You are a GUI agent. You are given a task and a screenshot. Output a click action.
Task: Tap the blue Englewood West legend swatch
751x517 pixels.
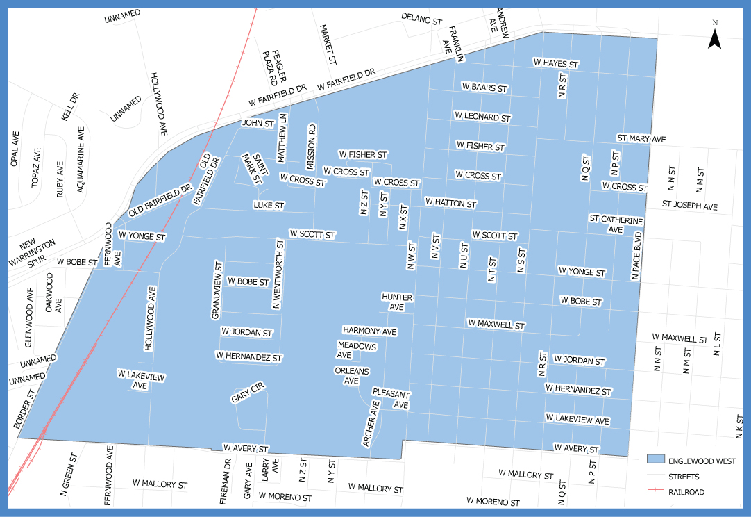[655, 461]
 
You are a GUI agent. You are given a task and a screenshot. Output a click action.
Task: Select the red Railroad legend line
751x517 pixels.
[655, 492]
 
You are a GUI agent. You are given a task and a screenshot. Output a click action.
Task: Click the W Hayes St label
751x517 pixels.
[555, 63]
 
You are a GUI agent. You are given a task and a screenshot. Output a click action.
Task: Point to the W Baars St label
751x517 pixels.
[484, 88]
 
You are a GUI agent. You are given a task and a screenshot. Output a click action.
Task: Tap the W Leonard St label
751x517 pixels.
[482, 117]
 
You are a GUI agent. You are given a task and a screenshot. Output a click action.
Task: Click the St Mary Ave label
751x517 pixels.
[641, 139]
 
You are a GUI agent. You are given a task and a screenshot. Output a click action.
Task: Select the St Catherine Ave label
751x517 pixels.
[616, 224]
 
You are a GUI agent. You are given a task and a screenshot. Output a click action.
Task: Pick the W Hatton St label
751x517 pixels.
[450, 204]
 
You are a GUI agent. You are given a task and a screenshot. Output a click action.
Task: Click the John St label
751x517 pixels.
[258, 123]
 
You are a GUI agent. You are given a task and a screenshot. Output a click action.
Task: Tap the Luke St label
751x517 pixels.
[269, 206]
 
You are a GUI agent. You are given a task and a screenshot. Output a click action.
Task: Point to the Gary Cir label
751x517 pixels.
[248, 396]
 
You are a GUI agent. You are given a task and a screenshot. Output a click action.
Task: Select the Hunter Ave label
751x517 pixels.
[397, 302]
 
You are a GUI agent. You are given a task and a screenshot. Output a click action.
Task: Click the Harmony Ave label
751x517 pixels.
[370, 331]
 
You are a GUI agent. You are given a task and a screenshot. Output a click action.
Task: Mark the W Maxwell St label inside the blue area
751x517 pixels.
[496, 325]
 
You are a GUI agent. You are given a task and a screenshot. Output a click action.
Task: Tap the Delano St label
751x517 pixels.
[421, 18]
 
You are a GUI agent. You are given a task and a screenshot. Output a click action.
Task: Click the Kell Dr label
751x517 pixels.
[71, 107]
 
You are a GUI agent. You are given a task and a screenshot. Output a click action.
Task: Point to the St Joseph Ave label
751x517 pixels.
[689, 206]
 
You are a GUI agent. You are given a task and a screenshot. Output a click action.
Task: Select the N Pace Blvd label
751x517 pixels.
[636, 256]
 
